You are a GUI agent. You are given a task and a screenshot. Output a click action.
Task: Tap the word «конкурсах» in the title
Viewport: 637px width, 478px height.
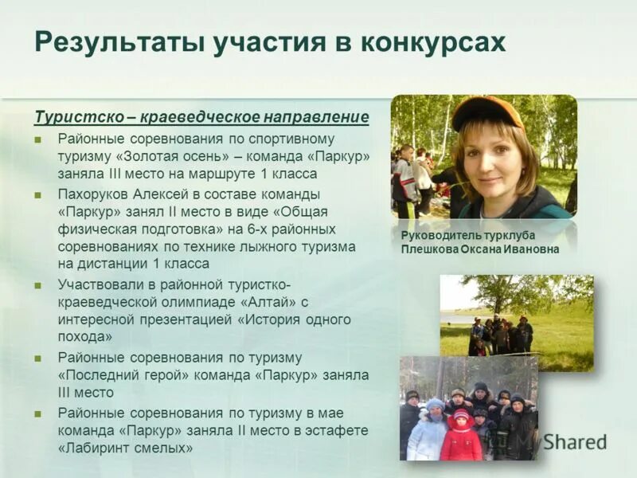(x=431, y=41)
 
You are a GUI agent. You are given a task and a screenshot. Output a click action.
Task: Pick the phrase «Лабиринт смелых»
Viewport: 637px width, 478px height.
(x=125, y=448)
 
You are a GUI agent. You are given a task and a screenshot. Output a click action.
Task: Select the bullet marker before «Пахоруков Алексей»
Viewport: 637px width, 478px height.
(x=37, y=194)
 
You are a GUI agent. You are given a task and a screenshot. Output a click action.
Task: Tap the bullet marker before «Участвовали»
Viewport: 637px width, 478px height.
(x=37, y=284)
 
